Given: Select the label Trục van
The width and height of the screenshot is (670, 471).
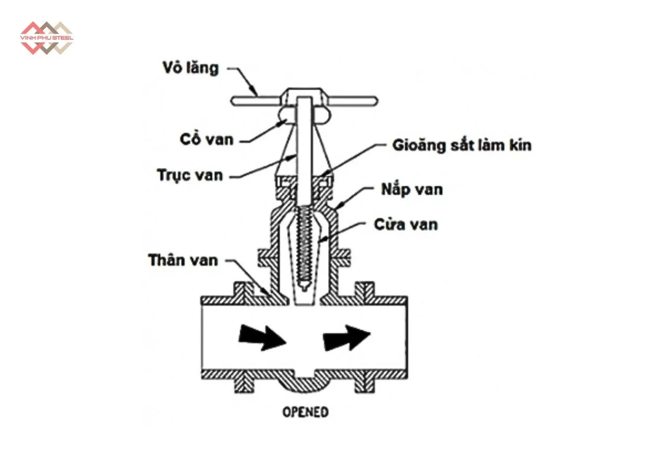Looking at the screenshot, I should [x=191, y=175].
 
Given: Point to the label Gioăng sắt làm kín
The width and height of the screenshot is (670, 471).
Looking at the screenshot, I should [x=462, y=145].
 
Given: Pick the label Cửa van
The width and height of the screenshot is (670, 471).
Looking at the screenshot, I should [x=406, y=225].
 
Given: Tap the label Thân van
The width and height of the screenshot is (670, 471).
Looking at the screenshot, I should [x=183, y=260].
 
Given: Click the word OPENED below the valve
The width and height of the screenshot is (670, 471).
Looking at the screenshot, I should [x=306, y=412].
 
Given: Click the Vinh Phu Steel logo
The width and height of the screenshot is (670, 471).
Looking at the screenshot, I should [x=46, y=38].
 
